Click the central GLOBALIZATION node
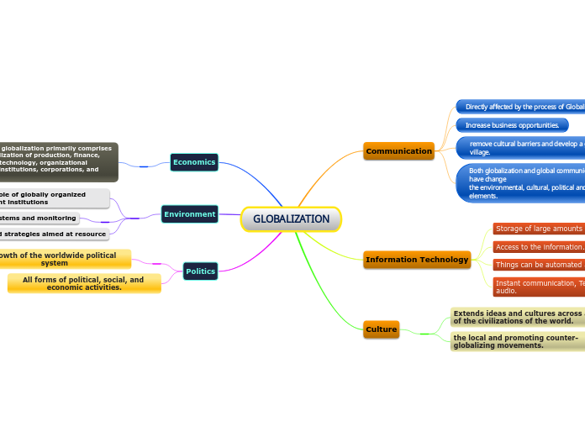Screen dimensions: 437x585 point(291,219)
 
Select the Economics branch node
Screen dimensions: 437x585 point(193,161)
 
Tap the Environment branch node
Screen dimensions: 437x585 point(189,214)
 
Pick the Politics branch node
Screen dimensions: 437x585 point(200,271)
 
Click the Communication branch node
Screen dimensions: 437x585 point(398,151)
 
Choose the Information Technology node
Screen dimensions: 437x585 point(417,260)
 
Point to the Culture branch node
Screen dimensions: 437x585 point(381,329)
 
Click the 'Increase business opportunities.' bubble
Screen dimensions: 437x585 point(512,125)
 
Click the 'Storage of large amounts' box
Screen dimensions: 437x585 point(538,229)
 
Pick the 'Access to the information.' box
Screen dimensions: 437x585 point(539,246)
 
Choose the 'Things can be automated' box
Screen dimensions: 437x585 point(538,264)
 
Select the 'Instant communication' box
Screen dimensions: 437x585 point(538,287)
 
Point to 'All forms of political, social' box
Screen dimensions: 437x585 point(83,283)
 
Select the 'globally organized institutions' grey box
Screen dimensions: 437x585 point(54,198)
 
